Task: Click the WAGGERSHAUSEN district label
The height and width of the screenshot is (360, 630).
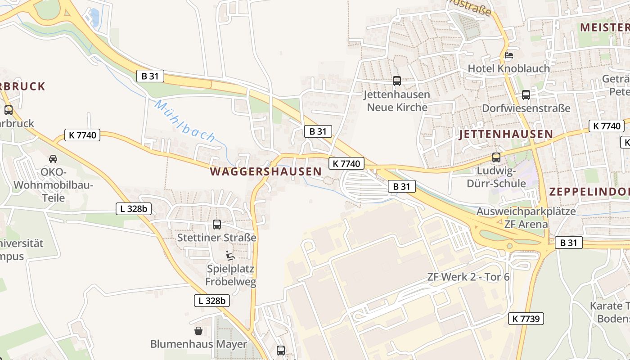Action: [x=265, y=171]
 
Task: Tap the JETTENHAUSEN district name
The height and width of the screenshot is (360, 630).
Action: [x=506, y=134]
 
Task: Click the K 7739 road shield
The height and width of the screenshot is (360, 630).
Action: [x=526, y=319]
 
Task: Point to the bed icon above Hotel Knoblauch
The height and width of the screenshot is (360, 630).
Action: [x=509, y=55]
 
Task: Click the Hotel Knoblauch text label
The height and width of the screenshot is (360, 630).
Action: [x=508, y=68]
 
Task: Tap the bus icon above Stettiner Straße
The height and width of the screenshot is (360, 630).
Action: [x=217, y=224]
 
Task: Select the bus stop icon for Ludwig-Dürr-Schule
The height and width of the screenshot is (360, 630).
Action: [x=496, y=157]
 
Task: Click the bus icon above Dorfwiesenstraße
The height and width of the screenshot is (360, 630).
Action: [x=526, y=95]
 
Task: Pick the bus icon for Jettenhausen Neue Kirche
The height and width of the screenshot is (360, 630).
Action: [x=396, y=81]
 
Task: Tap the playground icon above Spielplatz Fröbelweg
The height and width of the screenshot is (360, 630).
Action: [x=230, y=256]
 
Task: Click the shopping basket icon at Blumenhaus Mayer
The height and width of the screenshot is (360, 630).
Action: [x=198, y=331]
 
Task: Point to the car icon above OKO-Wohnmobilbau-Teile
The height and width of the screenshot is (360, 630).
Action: [x=53, y=158]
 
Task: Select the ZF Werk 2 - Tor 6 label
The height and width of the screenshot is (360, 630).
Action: [x=468, y=277]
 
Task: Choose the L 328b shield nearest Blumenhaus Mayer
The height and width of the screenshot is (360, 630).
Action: [x=212, y=301]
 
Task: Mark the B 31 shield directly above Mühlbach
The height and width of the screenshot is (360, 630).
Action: [x=150, y=76]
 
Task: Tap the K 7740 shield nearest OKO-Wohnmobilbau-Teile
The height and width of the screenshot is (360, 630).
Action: [x=82, y=135]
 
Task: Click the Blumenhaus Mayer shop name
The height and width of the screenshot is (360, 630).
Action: [x=198, y=344]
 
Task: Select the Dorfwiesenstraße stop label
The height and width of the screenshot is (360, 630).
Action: [x=526, y=108]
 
